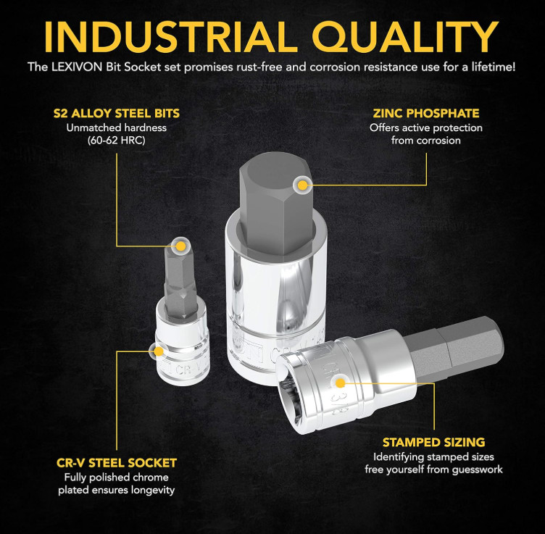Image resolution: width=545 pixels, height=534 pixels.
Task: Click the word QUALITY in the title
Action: click(406, 37)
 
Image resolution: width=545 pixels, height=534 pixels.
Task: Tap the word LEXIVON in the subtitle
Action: click(77, 67)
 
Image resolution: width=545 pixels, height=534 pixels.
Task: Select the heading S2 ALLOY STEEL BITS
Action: click(117, 113)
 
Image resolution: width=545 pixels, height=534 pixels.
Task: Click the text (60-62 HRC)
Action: click(117, 141)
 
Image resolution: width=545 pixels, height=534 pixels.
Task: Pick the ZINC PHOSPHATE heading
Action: click(426, 113)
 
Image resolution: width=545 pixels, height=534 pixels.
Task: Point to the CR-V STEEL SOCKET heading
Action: click(117, 463)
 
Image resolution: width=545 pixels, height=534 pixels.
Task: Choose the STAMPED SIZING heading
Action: click(434, 442)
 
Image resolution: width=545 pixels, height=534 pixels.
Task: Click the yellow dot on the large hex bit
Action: click(303, 185)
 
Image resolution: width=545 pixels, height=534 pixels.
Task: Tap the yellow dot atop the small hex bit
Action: click(180, 246)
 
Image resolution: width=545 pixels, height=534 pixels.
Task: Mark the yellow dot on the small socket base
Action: click(159, 351)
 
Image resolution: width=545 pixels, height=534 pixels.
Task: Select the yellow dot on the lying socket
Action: click(341, 383)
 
